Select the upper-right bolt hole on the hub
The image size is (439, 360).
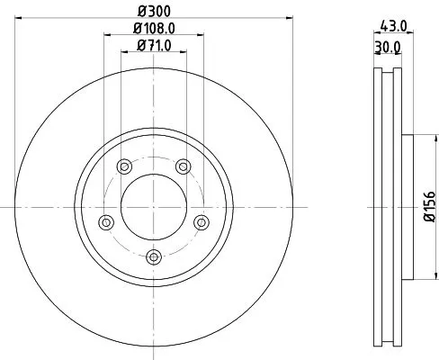183,166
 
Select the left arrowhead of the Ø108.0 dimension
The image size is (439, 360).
107,34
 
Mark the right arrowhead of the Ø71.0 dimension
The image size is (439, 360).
184,51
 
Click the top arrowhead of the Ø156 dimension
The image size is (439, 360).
421,138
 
